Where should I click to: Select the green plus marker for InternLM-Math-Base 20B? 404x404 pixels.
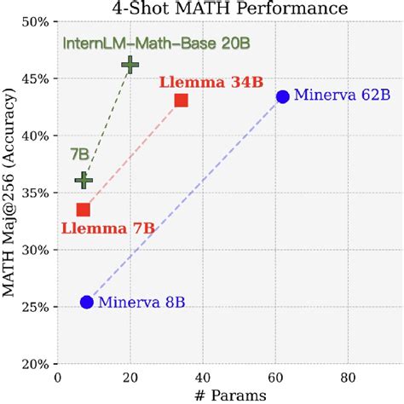pyautogui.click(x=130, y=64)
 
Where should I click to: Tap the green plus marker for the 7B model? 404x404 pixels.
pyautogui.click(x=83, y=180)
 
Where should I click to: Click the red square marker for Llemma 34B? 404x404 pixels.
pyautogui.click(x=181, y=100)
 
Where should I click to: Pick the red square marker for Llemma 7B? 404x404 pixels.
pyautogui.click(x=83, y=210)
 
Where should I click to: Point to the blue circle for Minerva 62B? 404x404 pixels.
pyautogui.click(x=282, y=96)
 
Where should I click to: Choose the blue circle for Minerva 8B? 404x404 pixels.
pyautogui.click(x=86, y=302)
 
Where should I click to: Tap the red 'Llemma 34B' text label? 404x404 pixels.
pyautogui.click(x=211, y=82)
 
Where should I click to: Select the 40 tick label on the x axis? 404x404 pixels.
pyautogui.click(x=202, y=378)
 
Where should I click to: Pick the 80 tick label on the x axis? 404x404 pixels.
pyautogui.click(x=347, y=378)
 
